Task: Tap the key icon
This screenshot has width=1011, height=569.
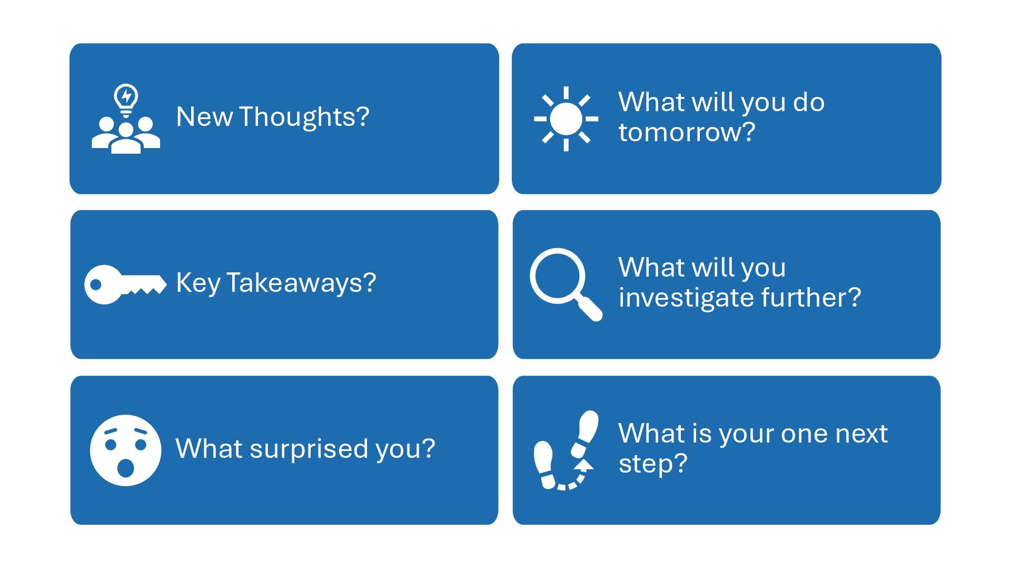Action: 125,284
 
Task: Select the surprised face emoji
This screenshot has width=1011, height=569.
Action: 125,450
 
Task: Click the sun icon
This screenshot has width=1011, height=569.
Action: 566,119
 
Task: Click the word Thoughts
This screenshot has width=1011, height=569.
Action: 304,117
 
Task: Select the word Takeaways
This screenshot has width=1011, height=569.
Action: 301,283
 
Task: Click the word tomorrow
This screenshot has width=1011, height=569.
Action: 687,132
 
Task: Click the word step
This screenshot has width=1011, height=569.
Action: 653,464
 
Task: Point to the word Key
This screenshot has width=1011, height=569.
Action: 198,283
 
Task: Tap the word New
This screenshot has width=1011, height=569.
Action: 204,117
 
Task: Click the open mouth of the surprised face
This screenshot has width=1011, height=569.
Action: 125,467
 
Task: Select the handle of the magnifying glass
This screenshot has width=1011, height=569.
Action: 590,308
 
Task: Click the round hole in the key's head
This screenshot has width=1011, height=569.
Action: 96,284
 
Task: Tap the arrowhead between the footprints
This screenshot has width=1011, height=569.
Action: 583,464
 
